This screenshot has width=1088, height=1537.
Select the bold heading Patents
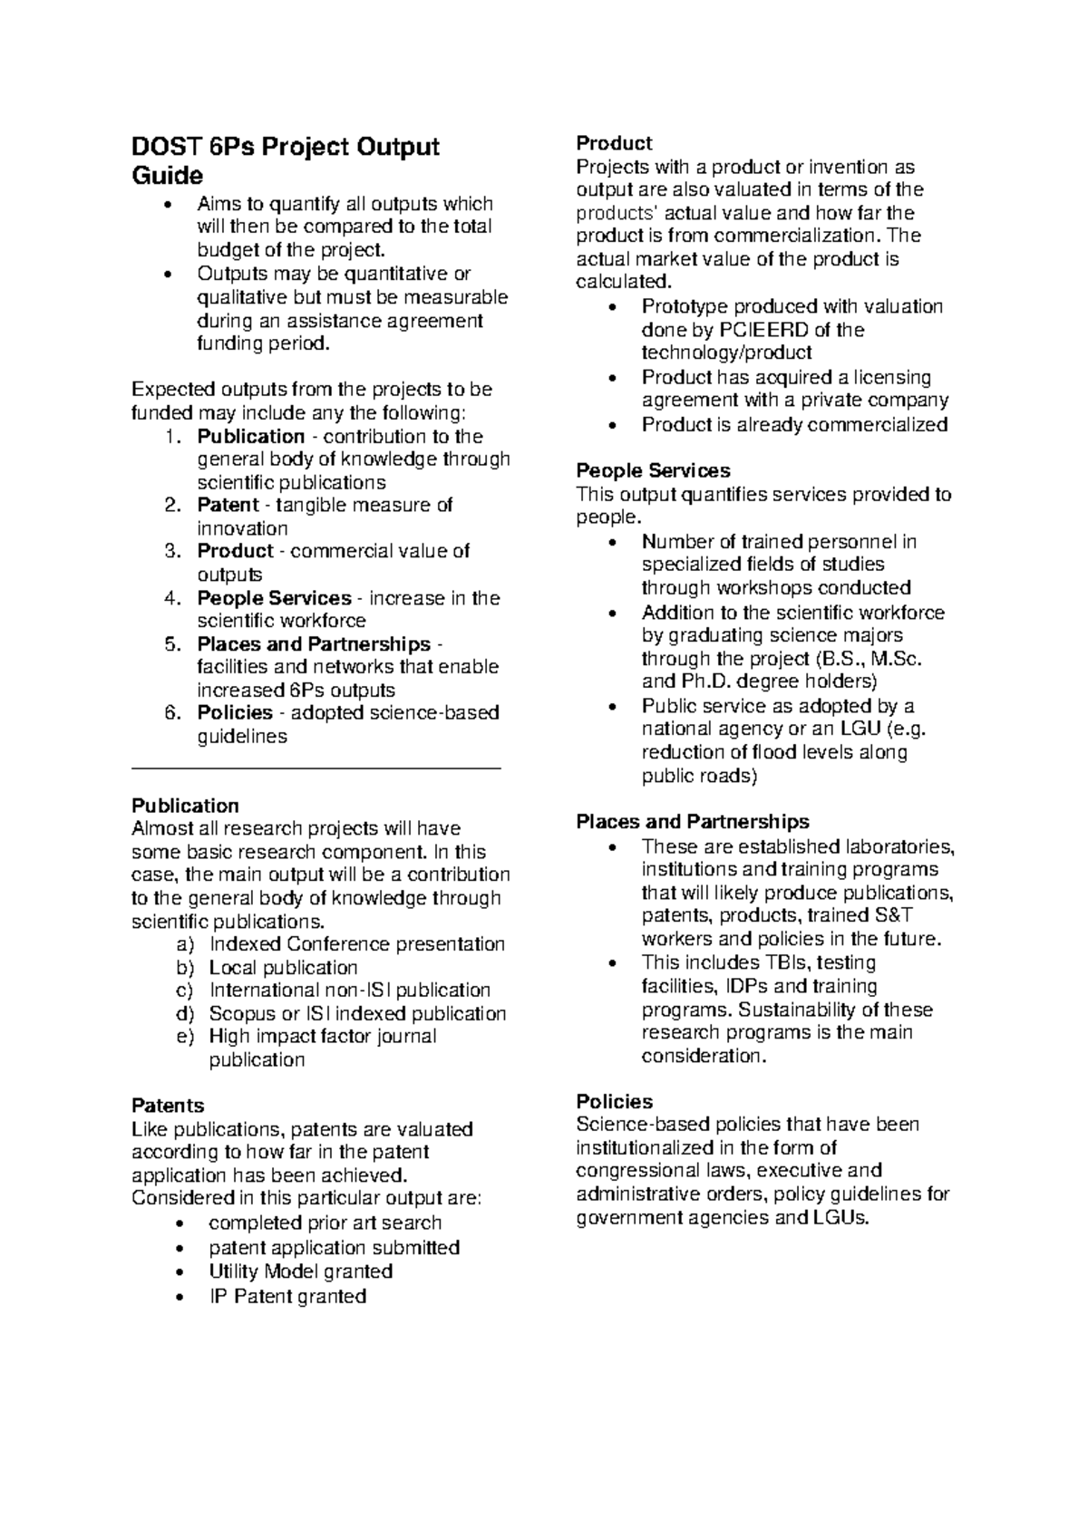coord(168,1106)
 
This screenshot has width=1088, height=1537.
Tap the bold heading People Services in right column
coord(653,470)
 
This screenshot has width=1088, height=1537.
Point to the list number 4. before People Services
coord(173,598)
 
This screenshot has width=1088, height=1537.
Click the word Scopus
coord(242,1013)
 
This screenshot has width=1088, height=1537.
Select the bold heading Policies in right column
coord(614,1101)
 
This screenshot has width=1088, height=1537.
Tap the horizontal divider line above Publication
coord(316,768)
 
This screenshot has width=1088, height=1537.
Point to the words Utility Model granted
coord(300,1271)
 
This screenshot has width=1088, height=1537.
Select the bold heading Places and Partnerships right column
coord(693,822)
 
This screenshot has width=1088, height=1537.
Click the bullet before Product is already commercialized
coord(616,425)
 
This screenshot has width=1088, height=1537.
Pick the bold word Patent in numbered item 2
coord(228,505)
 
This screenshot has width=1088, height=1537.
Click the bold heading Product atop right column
coord(614,143)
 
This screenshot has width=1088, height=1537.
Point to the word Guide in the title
coord(168,175)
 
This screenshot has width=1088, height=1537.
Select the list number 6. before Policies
coord(173,712)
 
